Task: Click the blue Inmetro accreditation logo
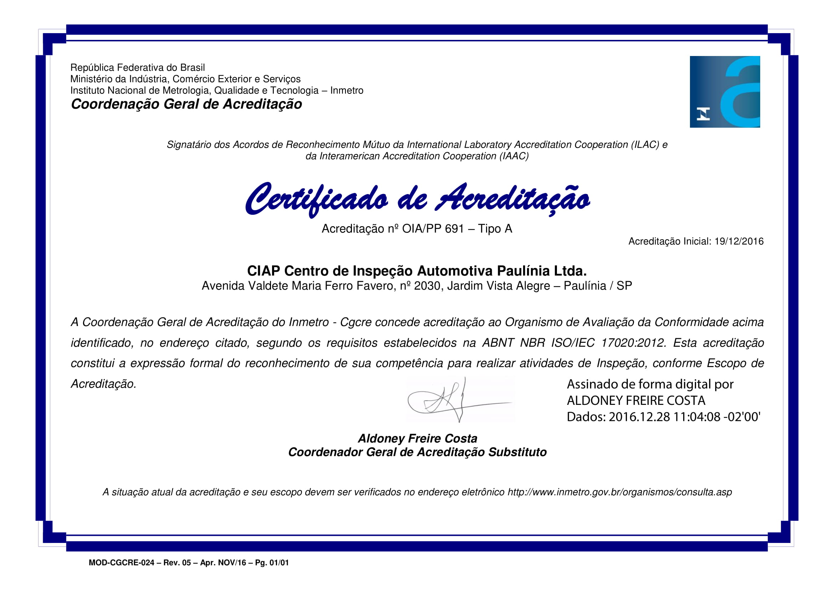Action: point(725,92)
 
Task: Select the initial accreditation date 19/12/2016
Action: point(739,241)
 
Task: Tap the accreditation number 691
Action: point(454,229)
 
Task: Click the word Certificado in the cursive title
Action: point(316,199)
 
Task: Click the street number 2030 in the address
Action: point(427,286)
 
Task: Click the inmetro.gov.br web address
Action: point(620,492)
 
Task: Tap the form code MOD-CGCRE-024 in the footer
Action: point(121,563)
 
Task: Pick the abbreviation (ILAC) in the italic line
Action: point(645,144)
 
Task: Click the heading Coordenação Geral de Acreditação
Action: point(186,104)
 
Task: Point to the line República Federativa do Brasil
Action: point(137,67)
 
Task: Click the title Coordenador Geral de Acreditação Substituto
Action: point(418,452)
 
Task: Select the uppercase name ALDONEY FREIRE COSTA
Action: point(636,400)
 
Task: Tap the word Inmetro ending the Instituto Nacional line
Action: point(347,91)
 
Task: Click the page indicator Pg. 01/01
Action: point(272,563)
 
